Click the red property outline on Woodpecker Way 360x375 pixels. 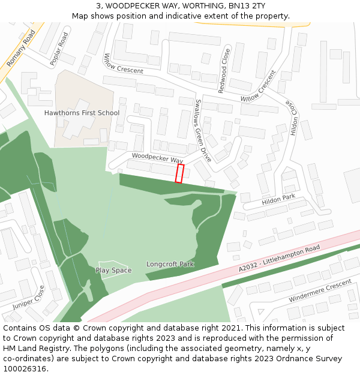(x=179, y=173)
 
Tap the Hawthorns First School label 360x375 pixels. (x=82, y=113)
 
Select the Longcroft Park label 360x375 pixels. (x=170, y=264)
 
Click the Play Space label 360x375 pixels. (x=113, y=271)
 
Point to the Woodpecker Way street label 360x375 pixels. (x=157, y=158)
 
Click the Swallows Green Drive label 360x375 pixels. (x=203, y=131)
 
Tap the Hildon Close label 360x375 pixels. (x=294, y=117)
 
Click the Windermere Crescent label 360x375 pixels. (x=319, y=291)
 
